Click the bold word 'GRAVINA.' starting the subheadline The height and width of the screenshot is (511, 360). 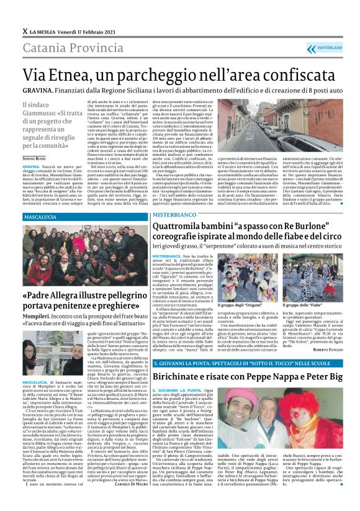[40, 89]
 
